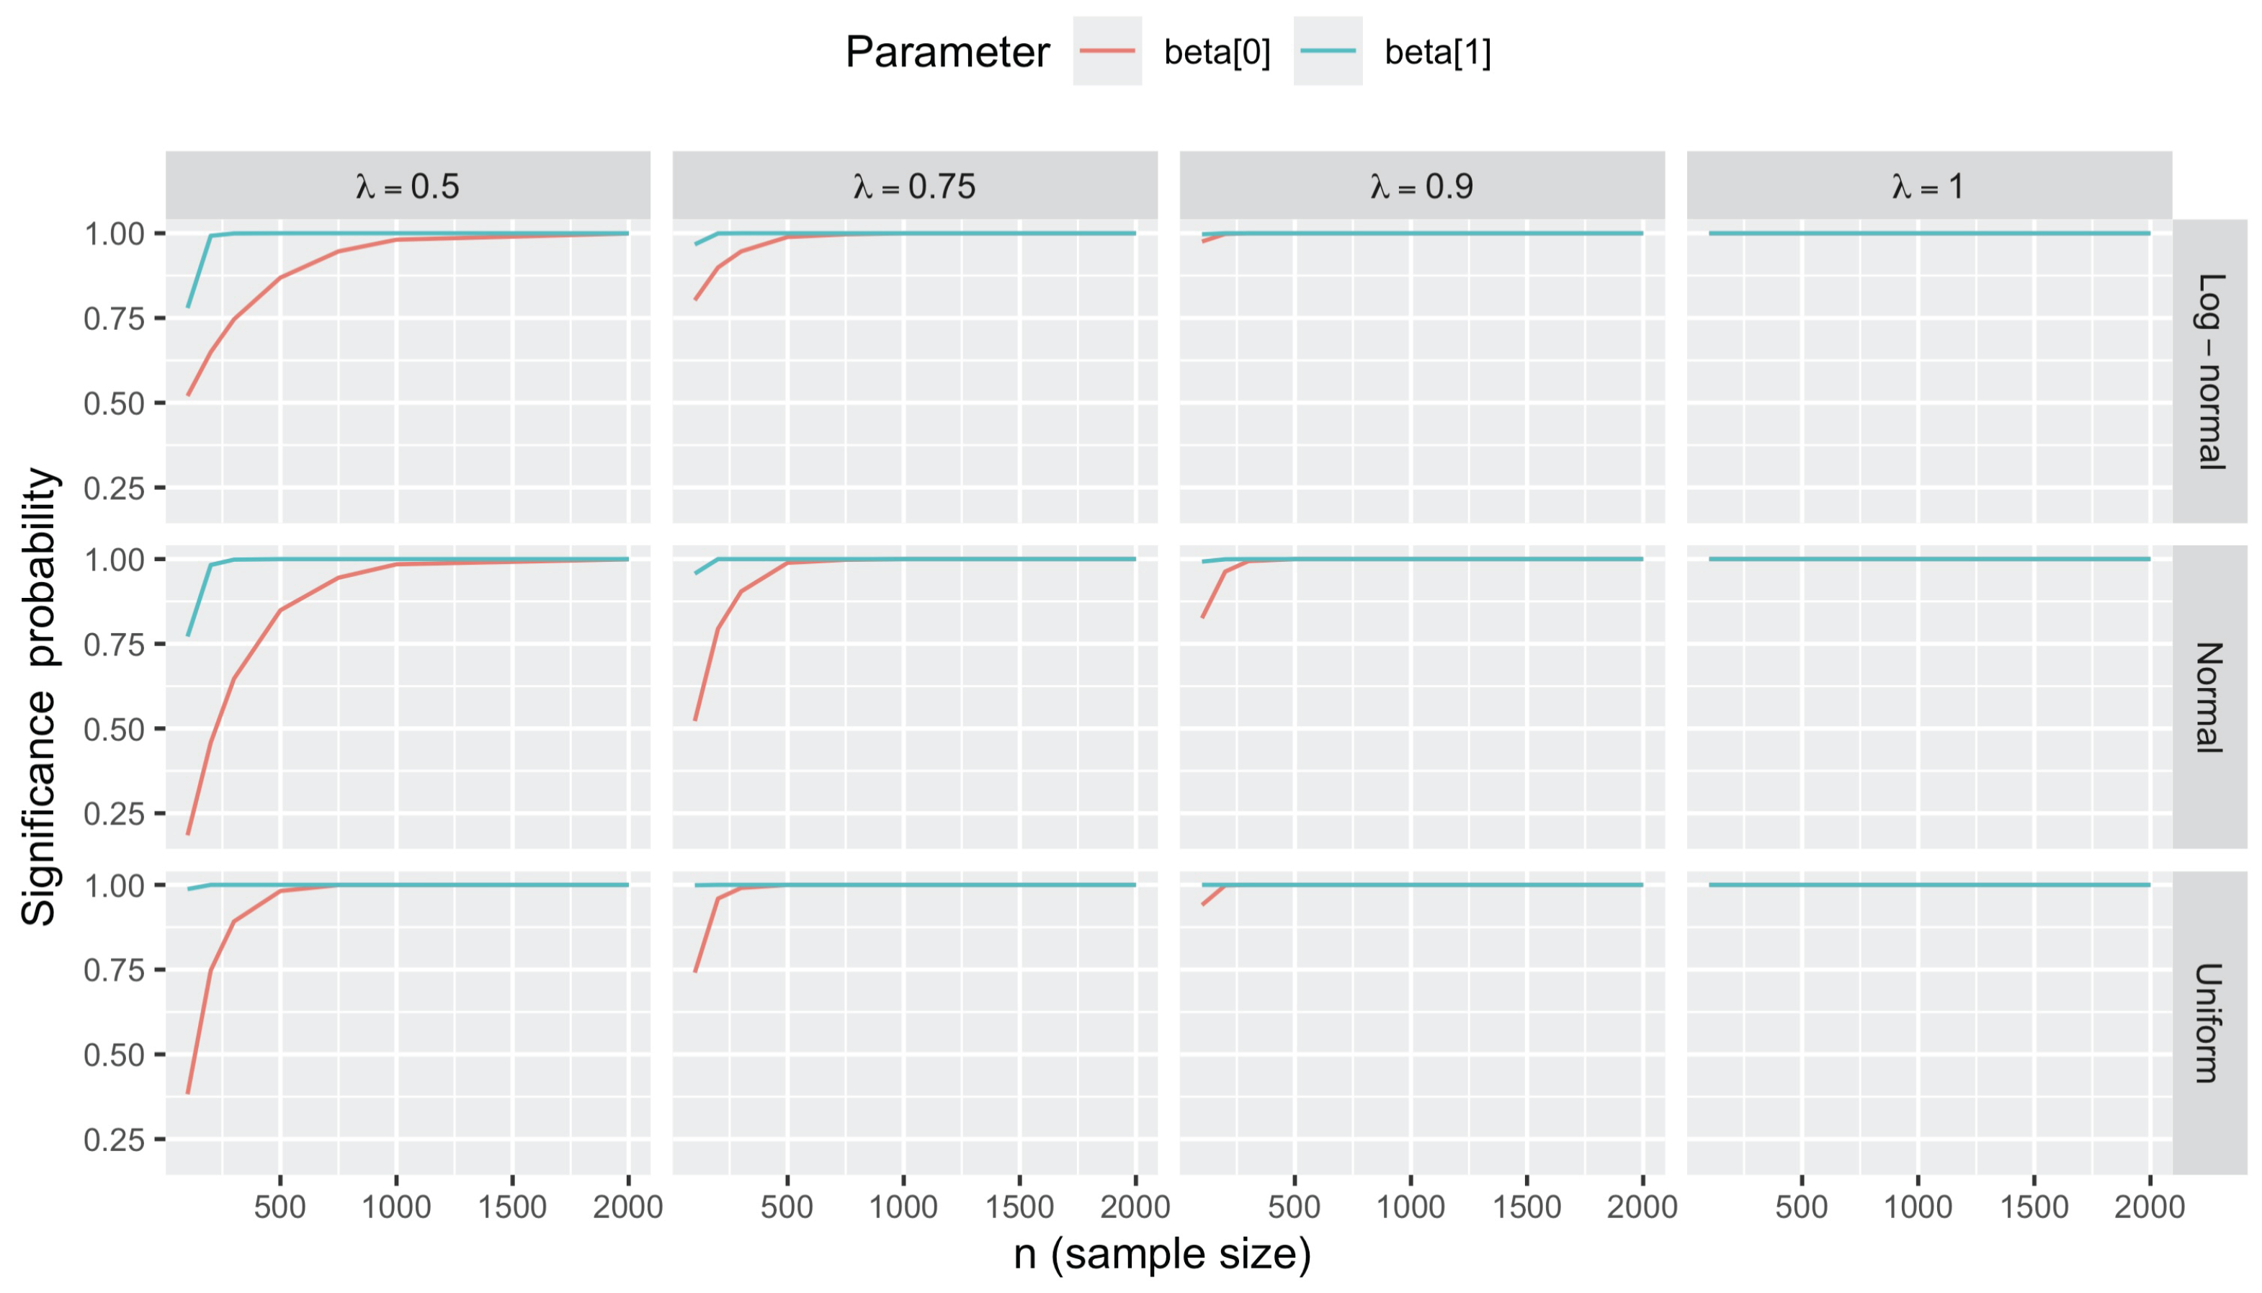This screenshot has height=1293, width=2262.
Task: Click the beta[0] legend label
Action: (1217, 53)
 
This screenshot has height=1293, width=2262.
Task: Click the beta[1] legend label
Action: (1437, 53)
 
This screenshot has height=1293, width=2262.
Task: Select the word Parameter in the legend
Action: (947, 53)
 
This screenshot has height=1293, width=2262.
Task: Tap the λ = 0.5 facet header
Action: (408, 187)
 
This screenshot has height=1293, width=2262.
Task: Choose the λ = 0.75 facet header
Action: (915, 187)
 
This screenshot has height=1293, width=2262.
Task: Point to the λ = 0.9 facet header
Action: (1422, 187)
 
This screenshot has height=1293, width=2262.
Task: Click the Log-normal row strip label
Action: (2209, 371)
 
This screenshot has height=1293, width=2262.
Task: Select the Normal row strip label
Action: (2209, 697)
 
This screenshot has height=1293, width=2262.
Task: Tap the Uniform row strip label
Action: (2209, 1022)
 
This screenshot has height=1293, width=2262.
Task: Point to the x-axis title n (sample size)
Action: (1162, 1254)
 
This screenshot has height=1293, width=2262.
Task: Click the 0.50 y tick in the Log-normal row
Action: (114, 404)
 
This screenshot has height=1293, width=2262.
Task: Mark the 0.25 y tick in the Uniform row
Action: (114, 1140)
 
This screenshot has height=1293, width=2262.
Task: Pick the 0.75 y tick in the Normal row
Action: (114, 645)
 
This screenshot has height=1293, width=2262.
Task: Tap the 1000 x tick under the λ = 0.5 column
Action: (396, 1208)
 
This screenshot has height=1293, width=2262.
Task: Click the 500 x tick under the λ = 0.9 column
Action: (1294, 1208)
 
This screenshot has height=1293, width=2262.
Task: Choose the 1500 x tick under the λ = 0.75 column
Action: (1019, 1208)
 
